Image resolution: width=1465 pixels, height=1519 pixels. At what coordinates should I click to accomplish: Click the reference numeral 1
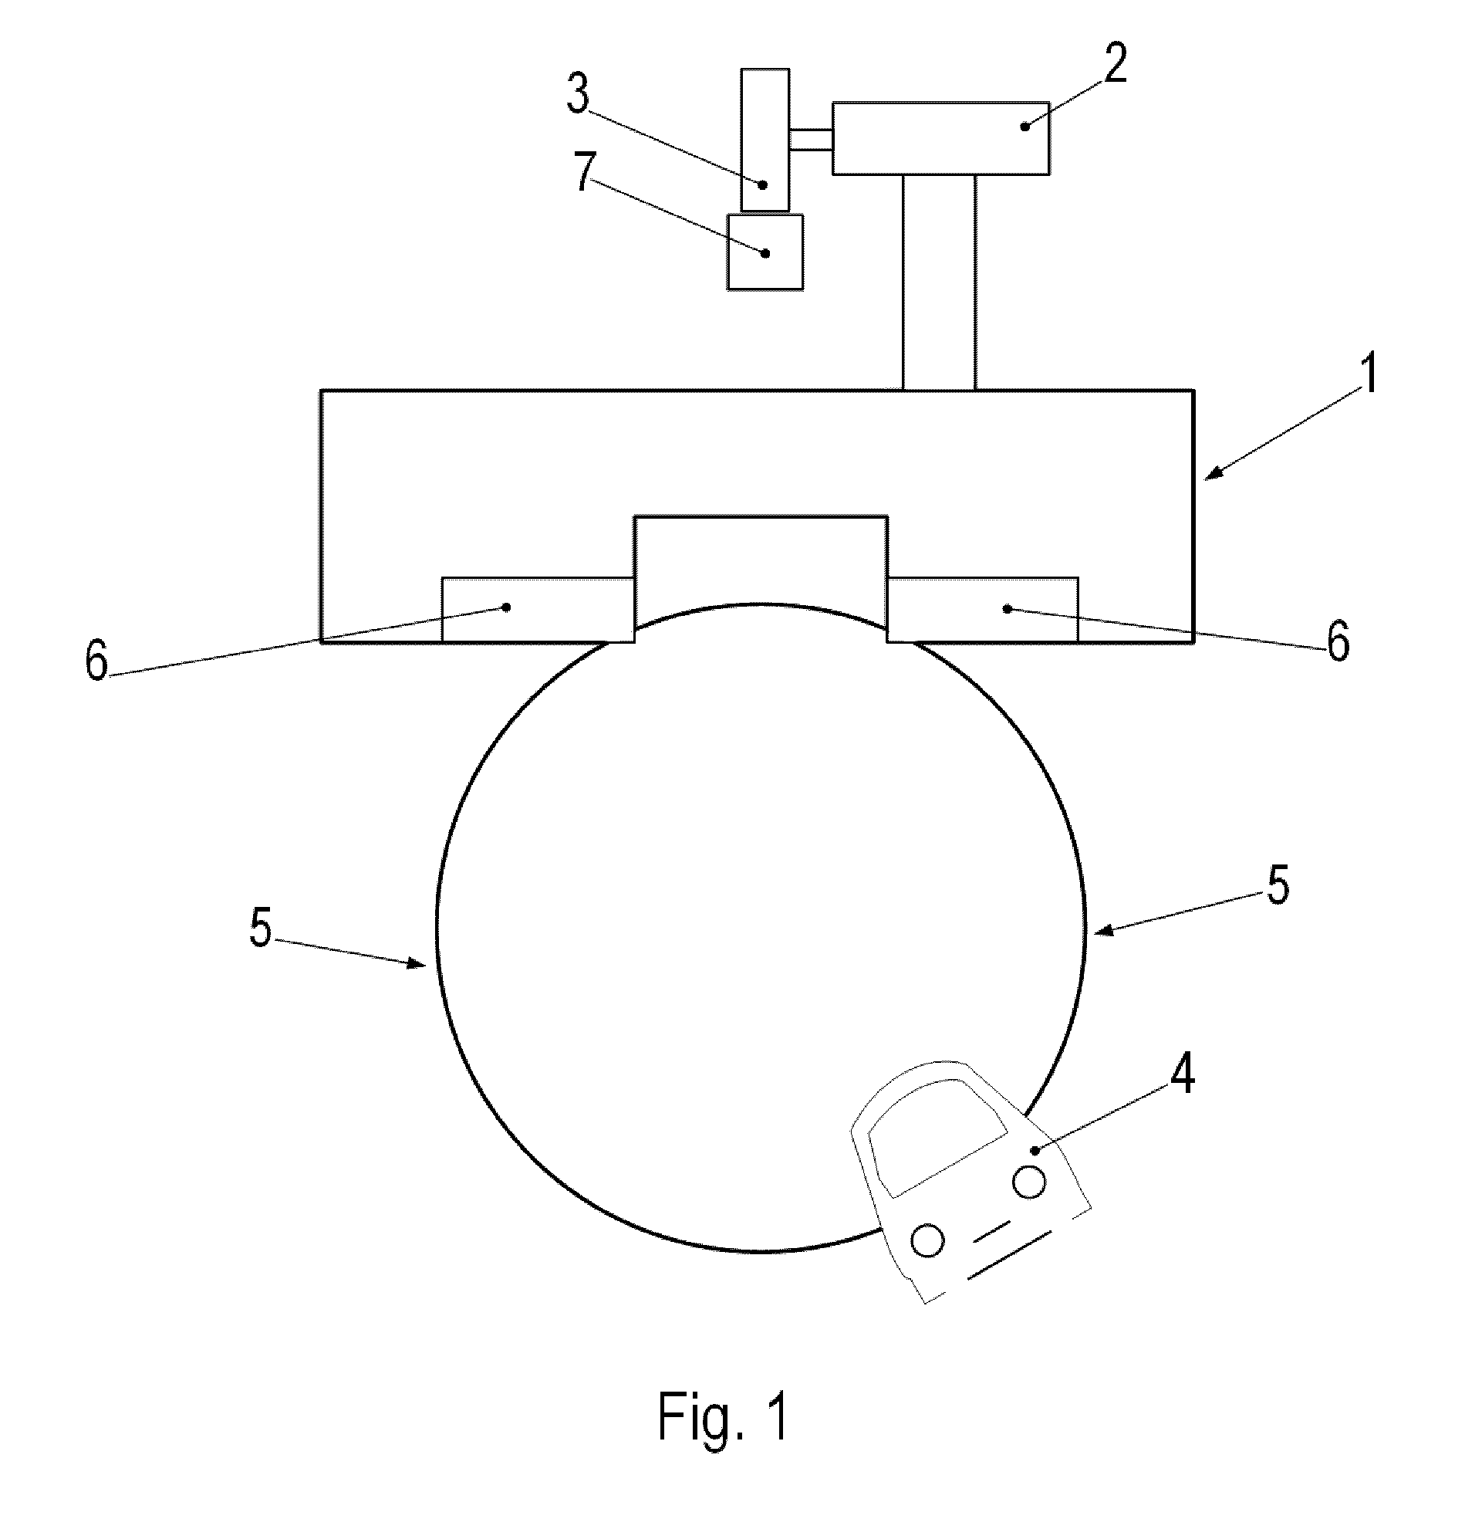point(1369,374)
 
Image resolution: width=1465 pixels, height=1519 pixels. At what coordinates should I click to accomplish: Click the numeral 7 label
point(585,171)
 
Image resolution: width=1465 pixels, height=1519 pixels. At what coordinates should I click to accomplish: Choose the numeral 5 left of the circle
point(261,927)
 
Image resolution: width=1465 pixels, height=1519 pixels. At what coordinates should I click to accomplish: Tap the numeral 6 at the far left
point(96,661)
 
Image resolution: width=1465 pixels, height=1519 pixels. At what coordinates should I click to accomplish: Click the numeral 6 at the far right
point(1338,641)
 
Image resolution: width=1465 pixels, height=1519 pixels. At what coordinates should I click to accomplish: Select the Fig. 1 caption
point(724,1415)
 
